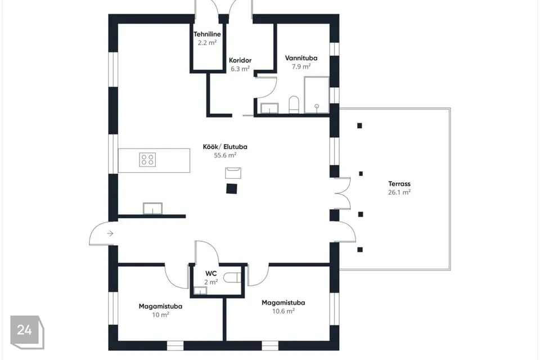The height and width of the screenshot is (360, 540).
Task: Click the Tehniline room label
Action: pyautogui.click(x=207, y=34)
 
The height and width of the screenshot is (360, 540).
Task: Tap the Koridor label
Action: pyautogui.click(x=240, y=60)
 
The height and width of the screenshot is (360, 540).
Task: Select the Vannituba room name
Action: pyautogui.click(x=301, y=58)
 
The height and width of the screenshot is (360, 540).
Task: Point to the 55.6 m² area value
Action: pyautogui.click(x=225, y=155)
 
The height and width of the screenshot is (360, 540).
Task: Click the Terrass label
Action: pyautogui.click(x=399, y=183)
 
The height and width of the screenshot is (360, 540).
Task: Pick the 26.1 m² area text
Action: pyautogui.click(x=399, y=192)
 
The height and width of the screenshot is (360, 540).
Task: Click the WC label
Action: pyautogui.click(x=211, y=273)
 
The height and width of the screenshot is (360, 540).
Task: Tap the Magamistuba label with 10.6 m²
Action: pyautogui.click(x=283, y=303)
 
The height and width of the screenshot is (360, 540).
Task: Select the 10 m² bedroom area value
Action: pyautogui.click(x=160, y=314)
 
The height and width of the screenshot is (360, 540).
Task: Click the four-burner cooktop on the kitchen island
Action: pyautogui.click(x=147, y=160)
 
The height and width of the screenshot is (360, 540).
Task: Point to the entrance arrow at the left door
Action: pyautogui.click(x=110, y=233)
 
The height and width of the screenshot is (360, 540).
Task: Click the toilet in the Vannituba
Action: pyautogui.click(x=294, y=105)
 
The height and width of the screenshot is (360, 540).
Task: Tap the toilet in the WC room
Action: pyautogui.click(x=232, y=277)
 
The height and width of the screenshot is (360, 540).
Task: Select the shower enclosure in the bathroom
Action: pyautogui.click(x=316, y=94)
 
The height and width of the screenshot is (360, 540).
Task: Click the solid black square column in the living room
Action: pyautogui.click(x=232, y=188)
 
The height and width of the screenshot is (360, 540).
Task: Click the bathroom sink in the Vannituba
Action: pyautogui.click(x=269, y=108)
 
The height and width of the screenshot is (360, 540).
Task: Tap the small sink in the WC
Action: pyautogui.click(x=200, y=290)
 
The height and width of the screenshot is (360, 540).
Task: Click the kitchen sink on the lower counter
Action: pyautogui.click(x=152, y=209)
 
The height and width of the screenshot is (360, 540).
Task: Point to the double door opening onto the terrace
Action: pyautogui.click(x=343, y=193)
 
